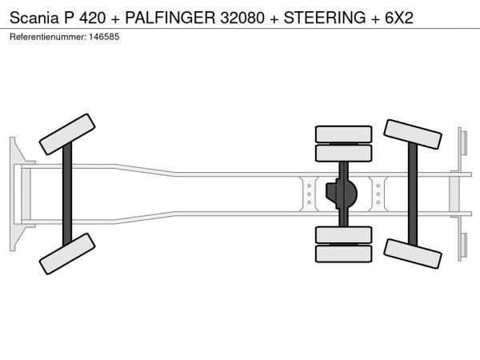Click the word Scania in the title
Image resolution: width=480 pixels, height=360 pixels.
point(34,18)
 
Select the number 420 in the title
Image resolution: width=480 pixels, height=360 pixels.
point(93,18)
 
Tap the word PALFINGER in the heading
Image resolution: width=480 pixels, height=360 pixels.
point(170,18)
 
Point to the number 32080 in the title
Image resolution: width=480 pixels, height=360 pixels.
point(242,18)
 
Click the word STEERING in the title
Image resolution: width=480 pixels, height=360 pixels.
point(325,18)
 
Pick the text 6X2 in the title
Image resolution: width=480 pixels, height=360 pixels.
point(399,18)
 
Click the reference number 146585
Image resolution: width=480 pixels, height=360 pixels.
point(104,37)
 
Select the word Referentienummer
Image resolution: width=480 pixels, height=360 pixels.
point(48,37)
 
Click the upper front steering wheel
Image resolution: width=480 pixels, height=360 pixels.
point(67,134)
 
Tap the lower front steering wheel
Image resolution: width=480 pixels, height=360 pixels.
point(67,254)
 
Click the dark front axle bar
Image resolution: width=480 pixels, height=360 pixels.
point(67,194)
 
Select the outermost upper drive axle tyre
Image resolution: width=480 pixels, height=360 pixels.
point(343,134)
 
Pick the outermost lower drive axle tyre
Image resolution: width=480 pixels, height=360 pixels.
point(343,254)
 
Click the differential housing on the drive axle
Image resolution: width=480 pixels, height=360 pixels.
point(342,194)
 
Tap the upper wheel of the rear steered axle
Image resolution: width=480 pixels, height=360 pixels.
point(413,134)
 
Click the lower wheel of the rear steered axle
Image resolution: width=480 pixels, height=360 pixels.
point(413,254)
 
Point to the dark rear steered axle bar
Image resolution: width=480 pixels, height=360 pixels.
point(413,194)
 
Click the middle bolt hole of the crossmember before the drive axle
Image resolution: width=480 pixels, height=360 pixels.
point(309,194)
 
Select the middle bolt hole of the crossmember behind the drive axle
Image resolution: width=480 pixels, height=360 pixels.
point(378,194)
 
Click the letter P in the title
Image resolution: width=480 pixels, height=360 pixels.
point(69,18)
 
